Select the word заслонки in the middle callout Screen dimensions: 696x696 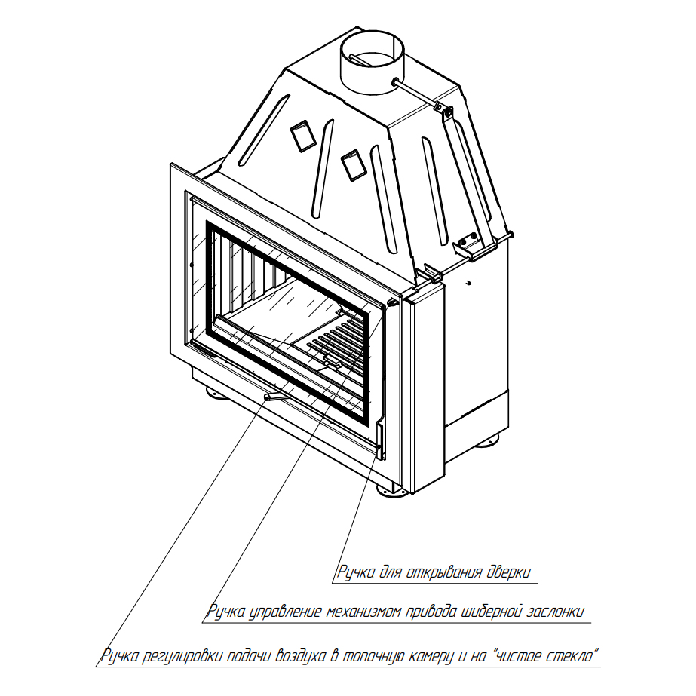555,612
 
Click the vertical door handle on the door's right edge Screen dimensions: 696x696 380,441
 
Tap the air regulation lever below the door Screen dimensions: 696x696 277,397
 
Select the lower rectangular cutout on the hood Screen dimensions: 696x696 354,165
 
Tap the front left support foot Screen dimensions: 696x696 216,393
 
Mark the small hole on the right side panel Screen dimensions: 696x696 469,282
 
